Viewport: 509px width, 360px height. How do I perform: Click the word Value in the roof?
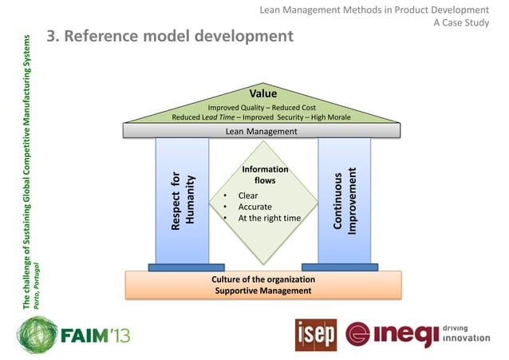[x=262, y=94]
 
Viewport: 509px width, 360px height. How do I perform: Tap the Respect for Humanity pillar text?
[x=182, y=200]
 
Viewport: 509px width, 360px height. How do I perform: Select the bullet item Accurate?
[x=254, y=207]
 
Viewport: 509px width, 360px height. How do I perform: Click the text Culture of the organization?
[x=262, y=279]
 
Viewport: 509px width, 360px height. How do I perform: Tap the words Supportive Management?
[x=262, y=291]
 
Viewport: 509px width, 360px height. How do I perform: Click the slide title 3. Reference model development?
[x=170, y=37]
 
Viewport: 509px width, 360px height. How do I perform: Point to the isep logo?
[x=315, y=334]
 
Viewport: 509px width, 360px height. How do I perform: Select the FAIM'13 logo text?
[x=96, y=334]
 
